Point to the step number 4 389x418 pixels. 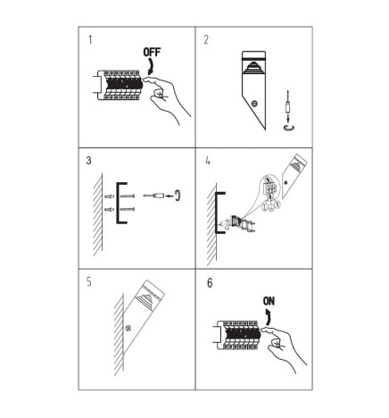[206, 163]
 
